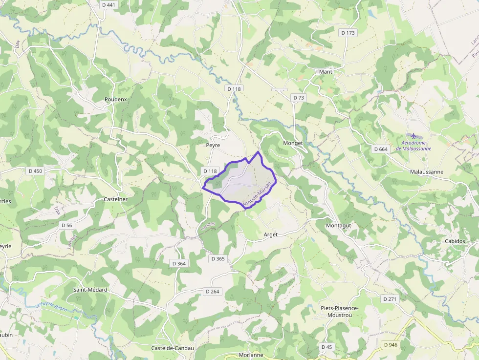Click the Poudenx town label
coord(115,99)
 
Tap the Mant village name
coord(325,72)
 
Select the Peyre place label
coord(213,146)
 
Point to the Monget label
coord(293,143)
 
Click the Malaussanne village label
coord(427,172)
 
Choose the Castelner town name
coord(115,199)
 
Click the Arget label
coord(270,234)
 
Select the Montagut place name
coord(338,225)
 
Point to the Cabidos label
coord(455,241)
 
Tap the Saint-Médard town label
coord(90,290)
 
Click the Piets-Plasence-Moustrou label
coord(340,312)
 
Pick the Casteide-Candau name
coord(172,348)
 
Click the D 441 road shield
coord(109,5)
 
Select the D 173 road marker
coord(348,33)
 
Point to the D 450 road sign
coord(36,171)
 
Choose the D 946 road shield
coord(391,345)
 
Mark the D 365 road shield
coord(218,258)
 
